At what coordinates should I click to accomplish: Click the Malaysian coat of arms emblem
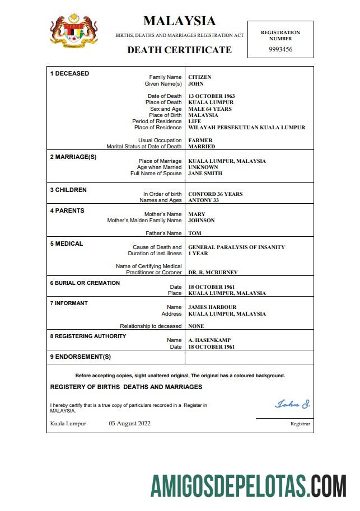[x=73, y=31]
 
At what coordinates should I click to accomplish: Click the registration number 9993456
[x=280, y=49]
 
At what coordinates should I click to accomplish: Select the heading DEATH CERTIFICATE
[x=179, y=50]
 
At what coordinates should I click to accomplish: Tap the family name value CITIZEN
[x=200, y=77]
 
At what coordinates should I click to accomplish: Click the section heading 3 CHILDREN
[x=68, y=190]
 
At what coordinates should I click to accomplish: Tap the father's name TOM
[x=195, y=233]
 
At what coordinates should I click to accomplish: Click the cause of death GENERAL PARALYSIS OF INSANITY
[x=236, y=247]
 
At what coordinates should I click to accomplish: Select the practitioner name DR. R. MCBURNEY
[x=213, y=273]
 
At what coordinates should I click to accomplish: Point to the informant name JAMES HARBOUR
[x=212, y=307]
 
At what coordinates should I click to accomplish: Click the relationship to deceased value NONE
[x=196, y=326]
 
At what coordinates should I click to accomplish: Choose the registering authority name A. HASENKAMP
[x=209, y=340]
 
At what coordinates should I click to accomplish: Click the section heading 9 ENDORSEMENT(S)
[x=81, y=357]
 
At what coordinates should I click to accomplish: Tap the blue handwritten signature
[x=292, y=404]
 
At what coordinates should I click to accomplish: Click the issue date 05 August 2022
[x=129, y=424]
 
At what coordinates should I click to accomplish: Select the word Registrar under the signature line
[x=300, y=424]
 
